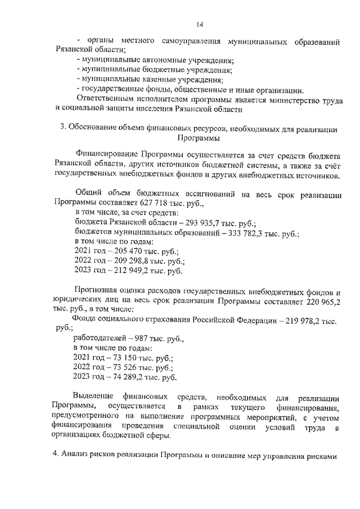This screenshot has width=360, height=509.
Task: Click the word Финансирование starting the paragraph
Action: tap(106, 154)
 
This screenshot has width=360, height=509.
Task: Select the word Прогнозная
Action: tap(98, 292)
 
